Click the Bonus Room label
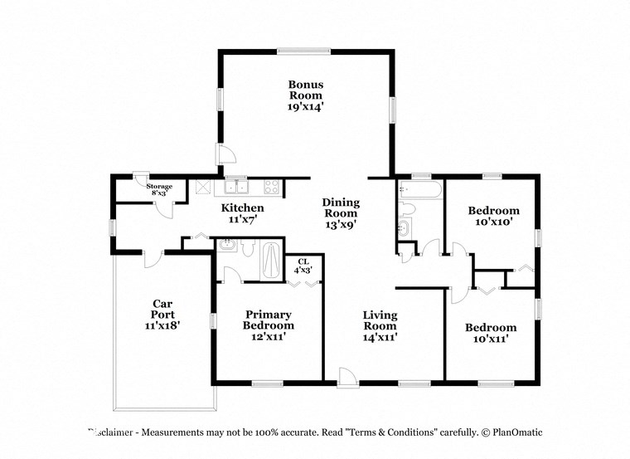pos(305,95)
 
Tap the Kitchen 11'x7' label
pos(242,213)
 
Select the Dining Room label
pos(340,213)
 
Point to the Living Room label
pos(380,326)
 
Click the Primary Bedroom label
pos(268,325)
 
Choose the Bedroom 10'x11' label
pos(489,333)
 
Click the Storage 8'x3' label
pos(159,190)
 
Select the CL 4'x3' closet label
pos(304,266)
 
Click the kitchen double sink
pos(236,187)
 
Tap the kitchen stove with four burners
pos(271,187)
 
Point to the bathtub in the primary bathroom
pos(270,259)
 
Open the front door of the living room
pos(348,378)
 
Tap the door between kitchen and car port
pos(151,258)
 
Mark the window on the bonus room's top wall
pos(304,51)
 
